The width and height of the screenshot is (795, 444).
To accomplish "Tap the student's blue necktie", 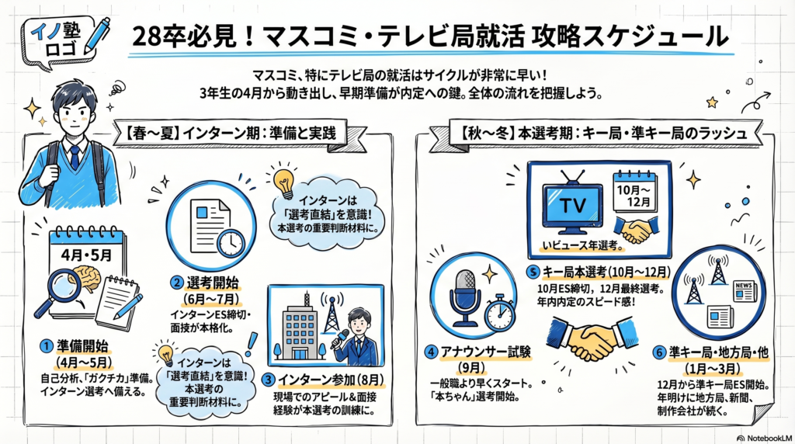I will [x=75, y=156].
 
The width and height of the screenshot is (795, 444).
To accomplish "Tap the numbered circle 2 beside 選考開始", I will [x=178, y=282].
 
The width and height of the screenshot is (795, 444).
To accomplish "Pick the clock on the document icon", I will [x=231, y=243].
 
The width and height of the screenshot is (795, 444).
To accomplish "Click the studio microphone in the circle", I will [x=468, y=293].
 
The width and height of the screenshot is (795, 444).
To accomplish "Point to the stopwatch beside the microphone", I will [x=498, y=310].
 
